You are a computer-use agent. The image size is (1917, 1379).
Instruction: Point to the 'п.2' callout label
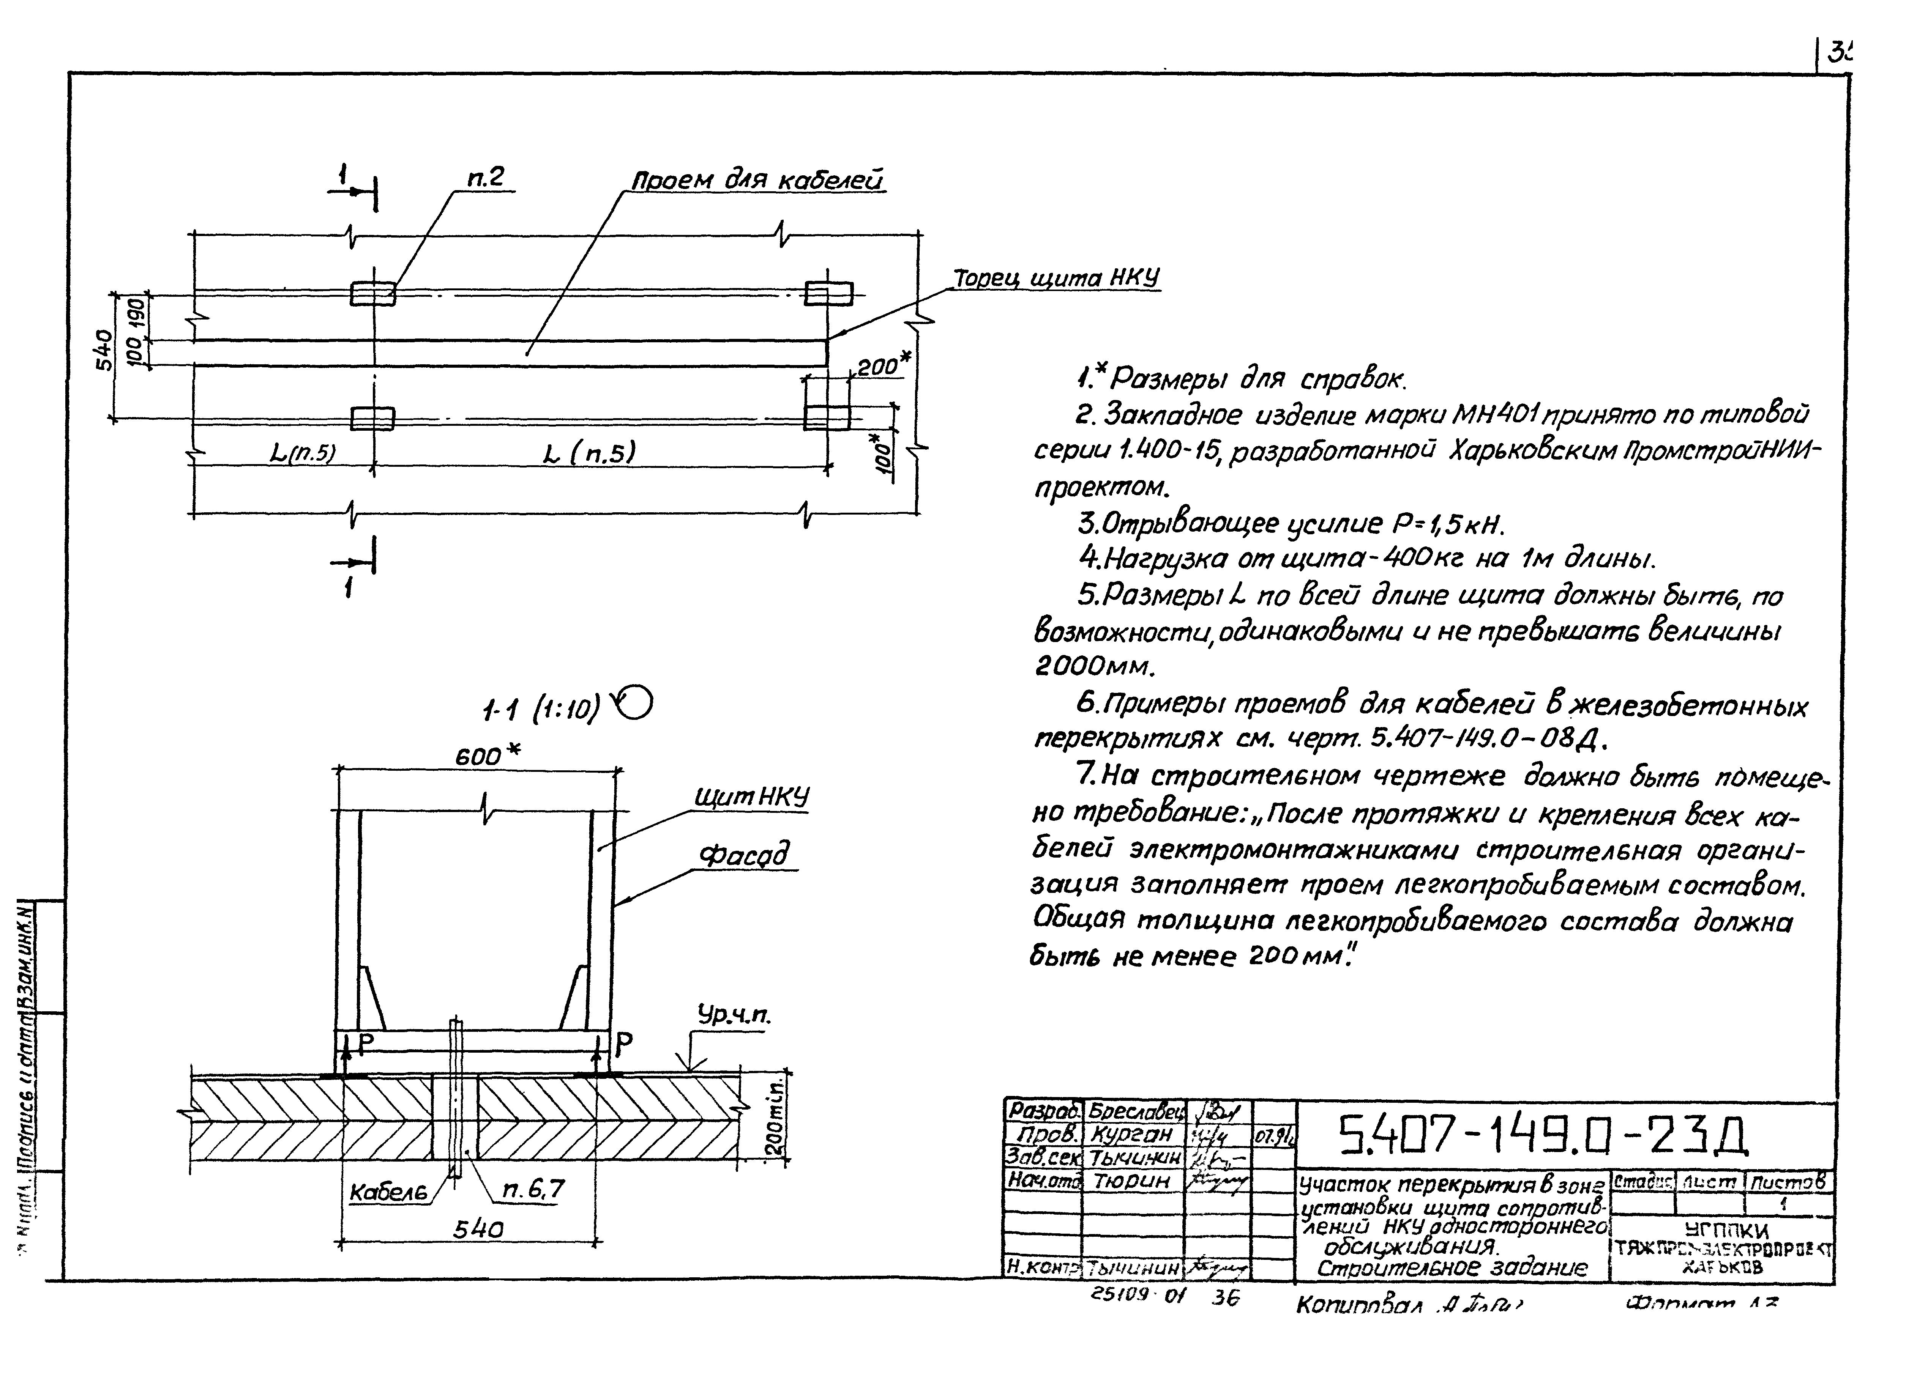click(x=485, y=178)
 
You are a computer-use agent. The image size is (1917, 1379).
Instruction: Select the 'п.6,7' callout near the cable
click(x=532, y=1190)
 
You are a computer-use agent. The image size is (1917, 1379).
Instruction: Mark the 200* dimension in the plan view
click(x=883, y=366)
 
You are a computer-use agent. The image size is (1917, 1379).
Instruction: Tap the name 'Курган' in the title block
click(x=1133, y=1133)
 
